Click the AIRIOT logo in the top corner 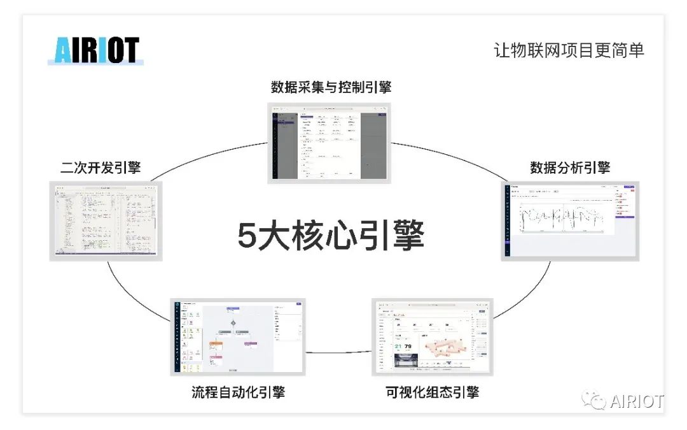(96, 51)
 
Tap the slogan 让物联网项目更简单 (569, 50)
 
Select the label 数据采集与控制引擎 (331, 87)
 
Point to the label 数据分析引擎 (570, 168)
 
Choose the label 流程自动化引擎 (238, 392)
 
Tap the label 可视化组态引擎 (432, 392)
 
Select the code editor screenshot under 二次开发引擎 (106, 220)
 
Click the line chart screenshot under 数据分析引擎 (570, 220)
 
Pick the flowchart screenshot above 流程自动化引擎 (238, 336)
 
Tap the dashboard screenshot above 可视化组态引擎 (432, 336)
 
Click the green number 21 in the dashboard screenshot (399, 348)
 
